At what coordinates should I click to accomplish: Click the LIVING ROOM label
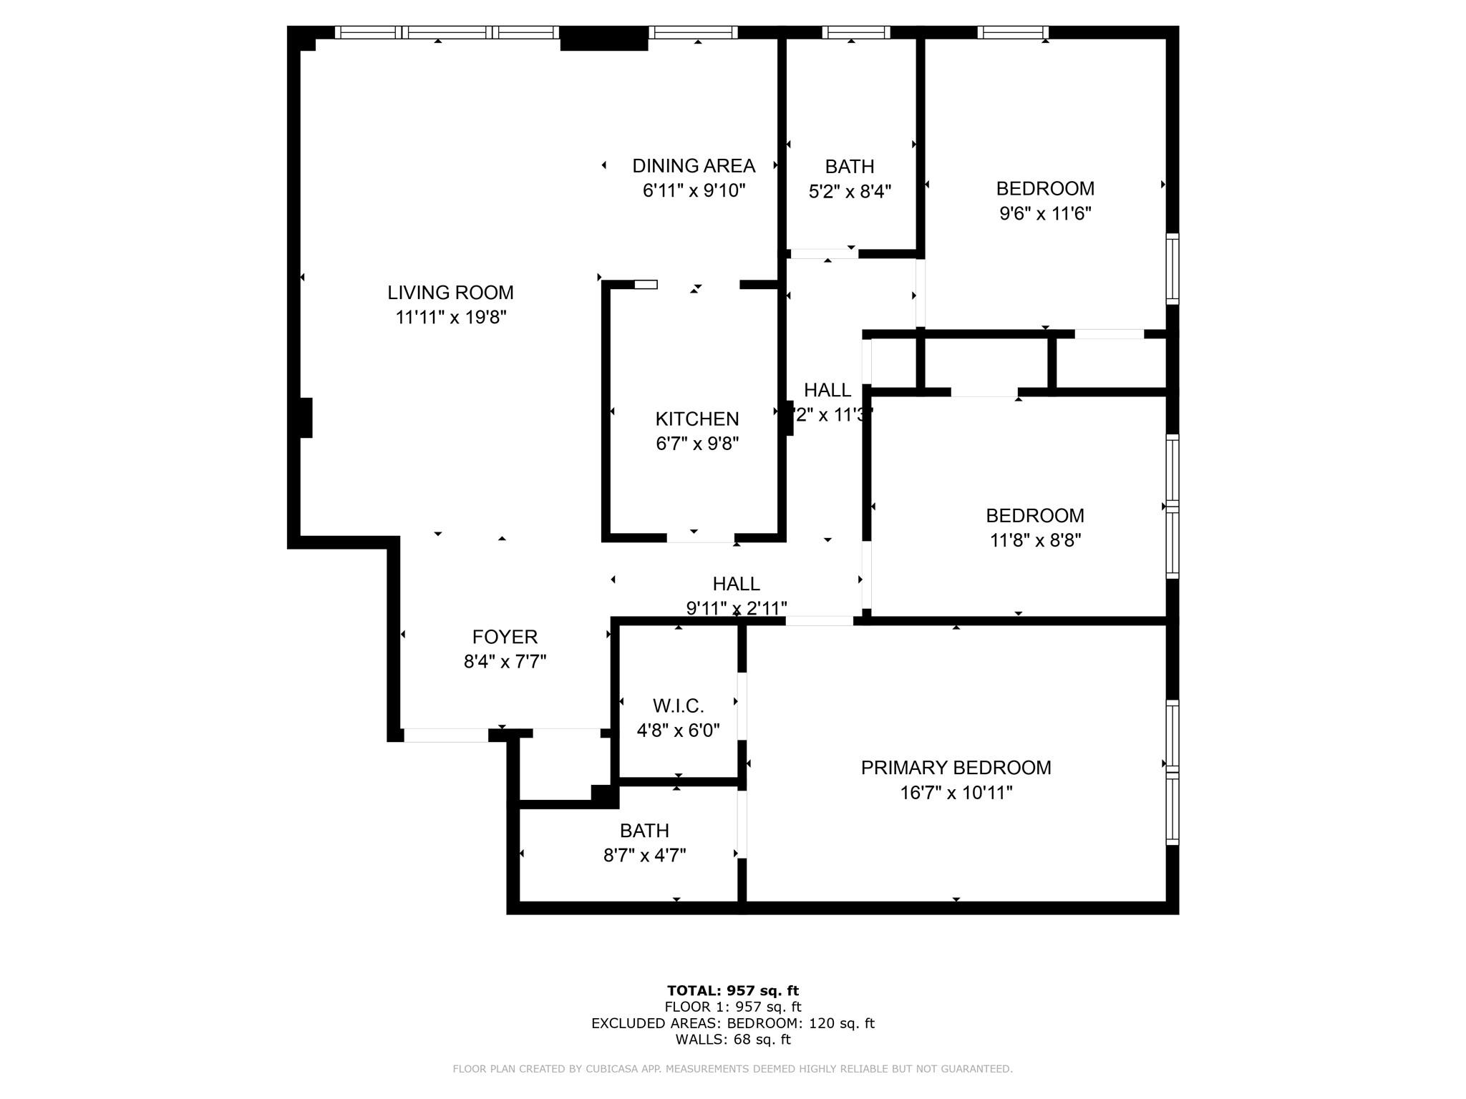pyautogui.click(x=450, y=292)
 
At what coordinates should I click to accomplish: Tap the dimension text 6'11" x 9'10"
pyautogui.click(x=694, y=190)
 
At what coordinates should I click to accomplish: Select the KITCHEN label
pyautogui.click(x=696, y=419)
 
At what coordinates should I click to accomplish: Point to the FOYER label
pyautogui.click(x=505, y=637)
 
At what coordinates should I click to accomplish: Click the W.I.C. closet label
pyautogui.click(x=678, y=706)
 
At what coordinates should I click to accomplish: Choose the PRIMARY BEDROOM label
pyautogui.click(x=956, y=768)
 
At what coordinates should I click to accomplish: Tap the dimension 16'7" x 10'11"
pyautogui.click(x=956, y=793)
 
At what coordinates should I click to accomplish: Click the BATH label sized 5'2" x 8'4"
pyautogui.click(x=849, y=167)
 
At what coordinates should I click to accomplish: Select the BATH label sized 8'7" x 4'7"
pyautogui.click(x=644, y=831)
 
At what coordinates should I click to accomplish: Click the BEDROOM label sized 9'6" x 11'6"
pyautogui.click(x=1045, y=189)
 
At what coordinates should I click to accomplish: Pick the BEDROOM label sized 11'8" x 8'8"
pyautogui.click(x=1034, y=516)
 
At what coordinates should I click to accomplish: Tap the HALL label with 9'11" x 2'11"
pyautogui.click(x=736, y=584)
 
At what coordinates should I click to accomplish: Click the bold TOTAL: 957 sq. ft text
pyautogui.click(x=732, y=991)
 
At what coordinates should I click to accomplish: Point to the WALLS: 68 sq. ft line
pyautogui.click(x=732, y=1040)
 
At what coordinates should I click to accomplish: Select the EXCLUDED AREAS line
pyautogui.click(x=732, y=1023)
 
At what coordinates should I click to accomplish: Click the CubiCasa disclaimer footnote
pyautogui.click(x=732, y=1069)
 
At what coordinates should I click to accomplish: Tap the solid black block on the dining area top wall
pyautogui.click(x=603, y=39)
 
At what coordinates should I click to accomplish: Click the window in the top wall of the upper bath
pyautogui.click(x=855, y=32)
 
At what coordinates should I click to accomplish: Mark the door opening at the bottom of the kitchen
pyautogui.click(x=700, y=537)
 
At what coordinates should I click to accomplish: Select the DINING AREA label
pyautogui.click(x=694, y=166)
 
